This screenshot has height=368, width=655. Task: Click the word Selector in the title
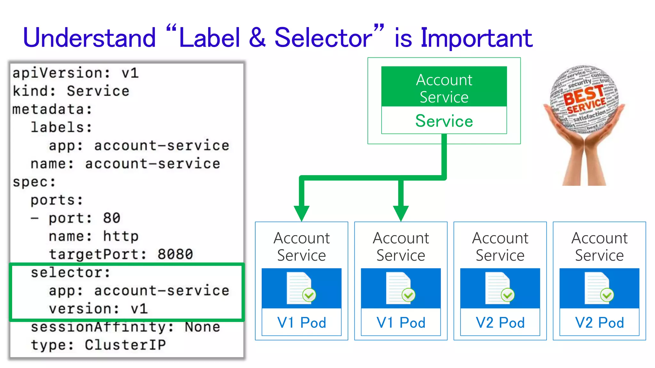(323, 38)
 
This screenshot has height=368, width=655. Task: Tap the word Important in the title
(477, 38)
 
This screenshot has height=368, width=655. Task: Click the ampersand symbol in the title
(257, 38)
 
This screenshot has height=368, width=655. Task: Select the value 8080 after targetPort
(175, 255)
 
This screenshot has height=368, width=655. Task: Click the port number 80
(112, 218)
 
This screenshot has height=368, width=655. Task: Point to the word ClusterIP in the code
(125, 345)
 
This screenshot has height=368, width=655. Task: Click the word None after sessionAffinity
(202, 327)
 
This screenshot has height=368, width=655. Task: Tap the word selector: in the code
(70, 273)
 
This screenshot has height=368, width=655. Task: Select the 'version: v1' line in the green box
(98, 309)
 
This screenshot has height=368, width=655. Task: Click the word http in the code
(121, 237)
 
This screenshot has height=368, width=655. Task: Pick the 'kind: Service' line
(71, 91)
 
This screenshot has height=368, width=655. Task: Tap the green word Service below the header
(444, 121)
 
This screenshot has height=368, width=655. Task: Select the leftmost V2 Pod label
(500, 323)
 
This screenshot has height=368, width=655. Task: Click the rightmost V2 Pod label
(599, 323)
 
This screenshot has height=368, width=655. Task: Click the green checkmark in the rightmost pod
(607, 295)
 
